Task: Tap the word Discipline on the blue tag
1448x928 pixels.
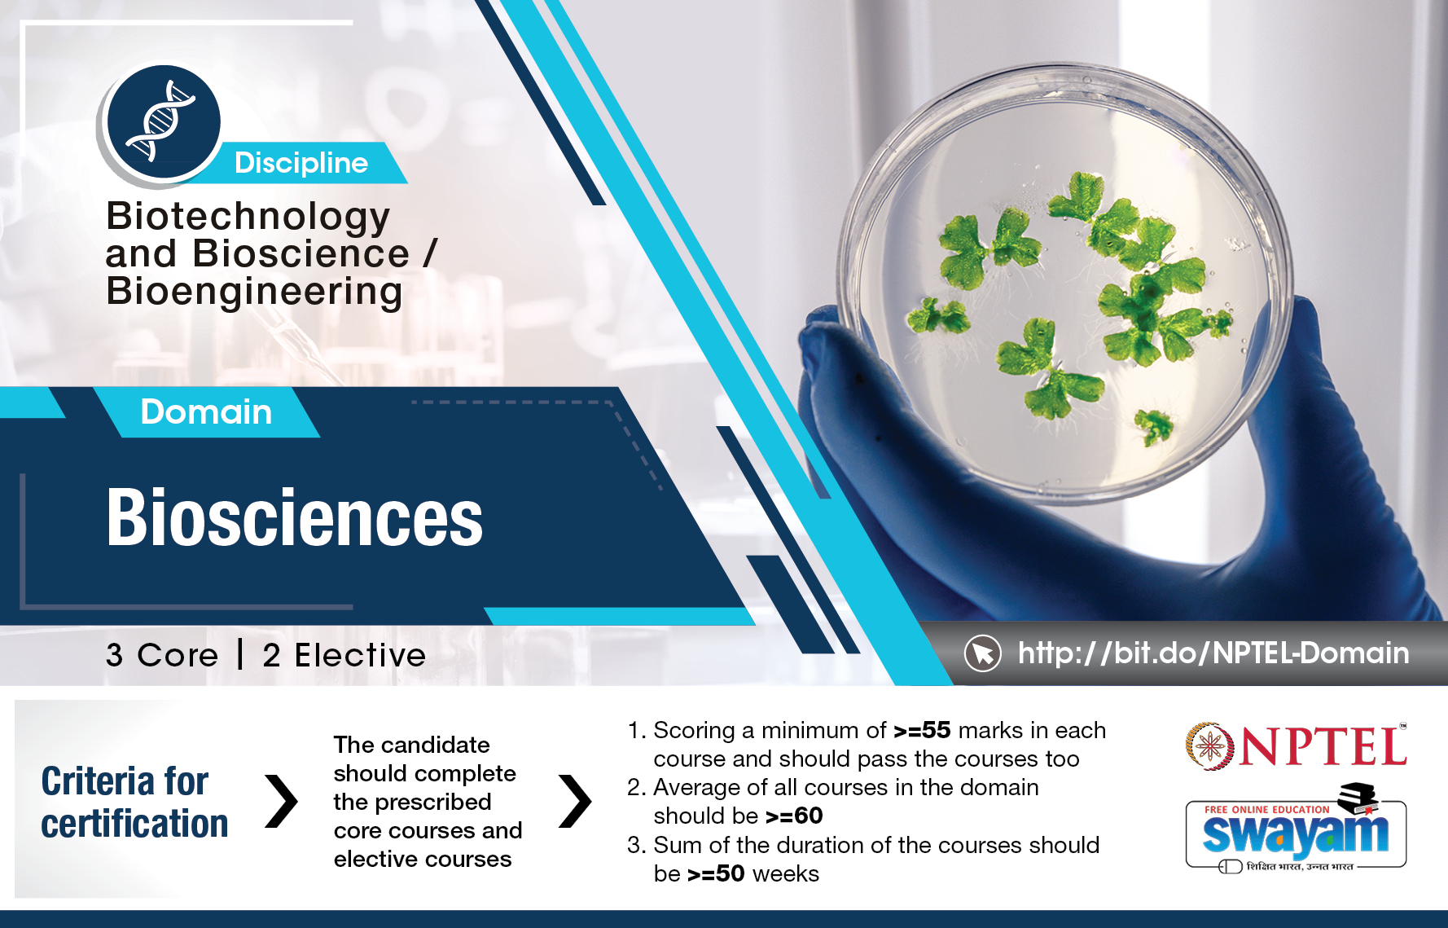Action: click(x=301, y=163)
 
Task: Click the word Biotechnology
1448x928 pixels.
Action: click(x=248, y=218)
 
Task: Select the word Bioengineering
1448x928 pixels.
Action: click(x=255, y=292)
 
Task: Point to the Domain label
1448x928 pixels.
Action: click(x=206, y=411)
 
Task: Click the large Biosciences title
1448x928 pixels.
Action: click(x=295, y=517)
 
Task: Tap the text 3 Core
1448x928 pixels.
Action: click(x=162, y=655)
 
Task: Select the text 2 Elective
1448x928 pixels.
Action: click(x=344, y=655)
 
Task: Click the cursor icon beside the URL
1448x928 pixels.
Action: click(x=983, y=653)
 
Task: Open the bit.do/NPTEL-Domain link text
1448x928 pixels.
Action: click(x=1213, y=653)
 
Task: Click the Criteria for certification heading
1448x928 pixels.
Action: click(x=134, y=803)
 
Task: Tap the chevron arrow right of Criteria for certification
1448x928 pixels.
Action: click(x=282, y=801)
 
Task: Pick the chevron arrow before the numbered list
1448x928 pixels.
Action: click(x=575, y=801)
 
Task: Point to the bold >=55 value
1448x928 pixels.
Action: click(x=922, y=730)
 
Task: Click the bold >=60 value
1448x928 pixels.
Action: click(x=794, y=816)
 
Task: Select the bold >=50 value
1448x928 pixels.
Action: click(x=716, y=873)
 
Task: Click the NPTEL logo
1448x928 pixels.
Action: click(x=1296, y=745)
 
